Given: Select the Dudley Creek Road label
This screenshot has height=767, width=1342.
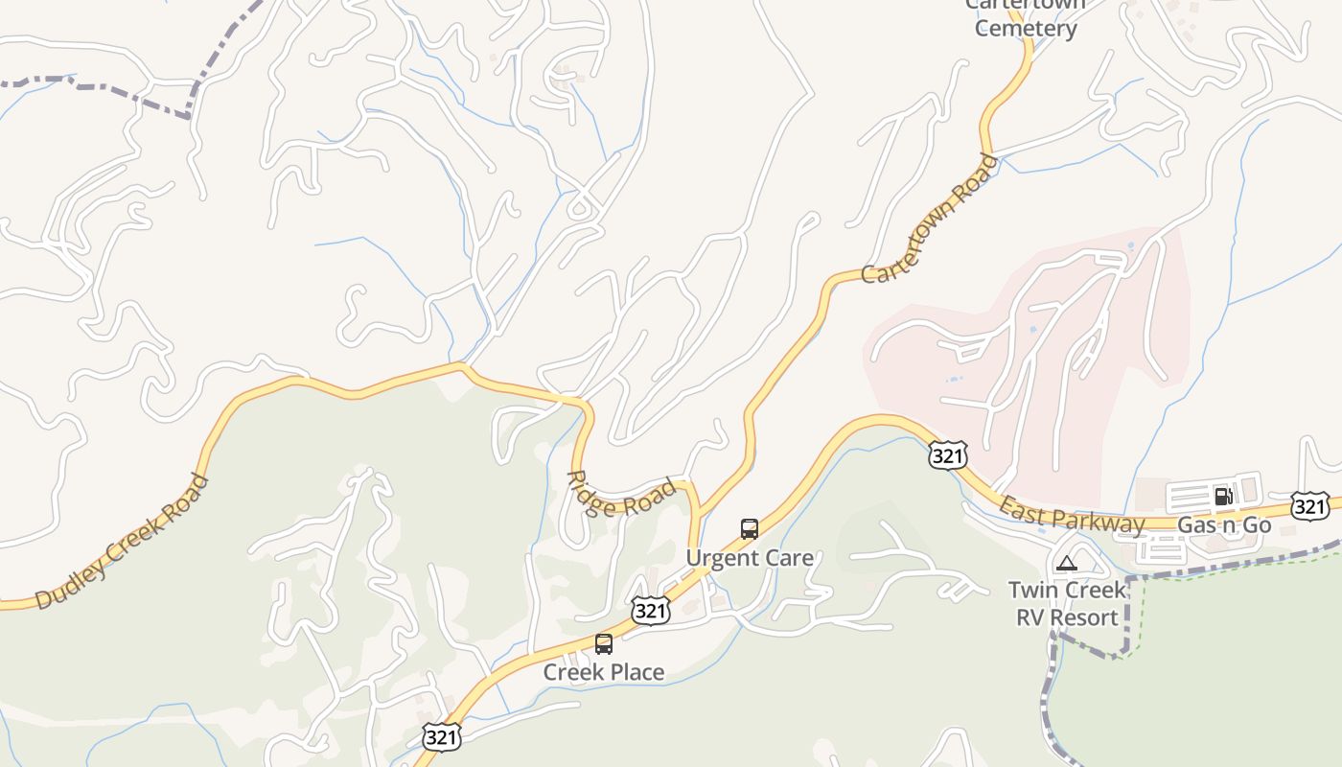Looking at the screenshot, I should (x=122, y=542).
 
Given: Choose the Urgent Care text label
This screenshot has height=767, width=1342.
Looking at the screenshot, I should (x=750, y=557).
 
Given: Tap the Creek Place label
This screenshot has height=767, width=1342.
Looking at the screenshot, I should (x=603, y=672).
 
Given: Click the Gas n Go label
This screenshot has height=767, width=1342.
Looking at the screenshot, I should (x=1224, y=524).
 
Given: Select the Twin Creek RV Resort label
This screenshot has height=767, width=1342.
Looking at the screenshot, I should (x=1067, y=603).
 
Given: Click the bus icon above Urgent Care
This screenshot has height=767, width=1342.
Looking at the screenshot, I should (x=750, y=528).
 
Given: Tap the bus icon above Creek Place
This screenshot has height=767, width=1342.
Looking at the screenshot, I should (x=604, y=643).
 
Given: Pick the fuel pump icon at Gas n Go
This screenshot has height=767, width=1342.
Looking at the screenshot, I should (x=1223, y=496).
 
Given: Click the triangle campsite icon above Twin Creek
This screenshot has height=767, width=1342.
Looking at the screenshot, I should (x=1066, y=563).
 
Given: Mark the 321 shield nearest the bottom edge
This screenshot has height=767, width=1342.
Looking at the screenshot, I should (x=442, y=737).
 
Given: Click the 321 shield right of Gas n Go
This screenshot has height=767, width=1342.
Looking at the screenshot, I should (x=1309, y=506).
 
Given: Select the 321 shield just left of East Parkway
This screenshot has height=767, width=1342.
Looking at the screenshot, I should (x=947, y=455).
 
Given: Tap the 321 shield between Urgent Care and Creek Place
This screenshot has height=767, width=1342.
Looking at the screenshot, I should (x=650, y=610).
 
